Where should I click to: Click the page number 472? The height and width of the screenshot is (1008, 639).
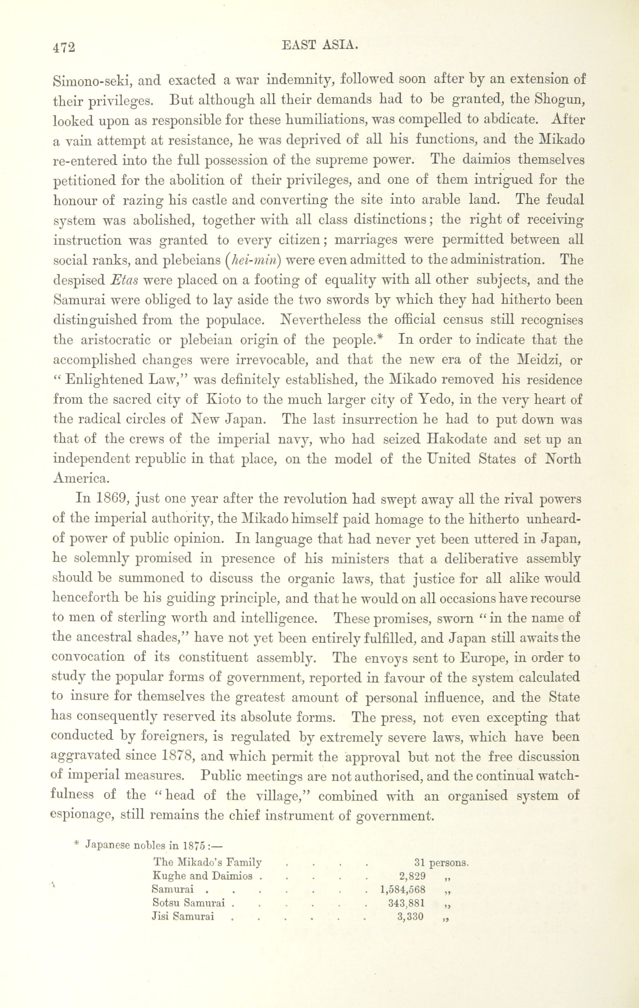point(64,47)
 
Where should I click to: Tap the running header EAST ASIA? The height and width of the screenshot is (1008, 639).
point(321,45)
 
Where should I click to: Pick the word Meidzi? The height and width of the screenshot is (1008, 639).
point(539,360)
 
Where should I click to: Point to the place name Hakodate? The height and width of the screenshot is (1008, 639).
point(457,440)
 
